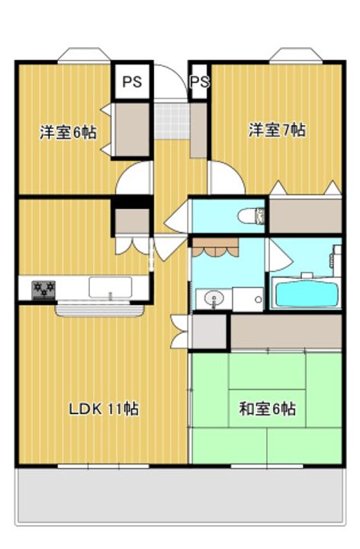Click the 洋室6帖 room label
pyautogui.click(x=69, y=133)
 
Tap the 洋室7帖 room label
pyautogui.click(x=277, y=130)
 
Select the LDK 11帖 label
pyautogui.click(x=104, y=409)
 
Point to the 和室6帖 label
pyautogui.click(x=267, y=409)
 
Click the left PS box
pyautogui.click(x=132, y=82)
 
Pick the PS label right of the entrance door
pyautogui.click(x=200, y=82)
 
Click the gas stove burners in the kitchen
pyautogui.click(x=43, y=290)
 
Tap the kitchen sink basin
pyautogui.click(x=111, y=287)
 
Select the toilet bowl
pyautogui.click(x=249, y=216)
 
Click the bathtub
pyautogui.click(x=307, y=294)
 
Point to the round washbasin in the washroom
pyautogui.click(x=214, y=300)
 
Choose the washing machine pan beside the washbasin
pyautogui.click(x=248, y=300)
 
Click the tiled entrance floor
pyautogui.click(x=172, y=120)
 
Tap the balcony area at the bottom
pyautogui.click(x=180, y=496)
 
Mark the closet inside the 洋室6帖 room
pyautogui.click(x=132, y=130)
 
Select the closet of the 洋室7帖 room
pyautogui.click(x=305, y=216)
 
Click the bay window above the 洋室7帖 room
pyautogui.click(x=296, y=55)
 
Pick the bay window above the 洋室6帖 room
pyautogui.click(x=84, y=55)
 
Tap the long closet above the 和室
pyautogui.click(x=286, y=331)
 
